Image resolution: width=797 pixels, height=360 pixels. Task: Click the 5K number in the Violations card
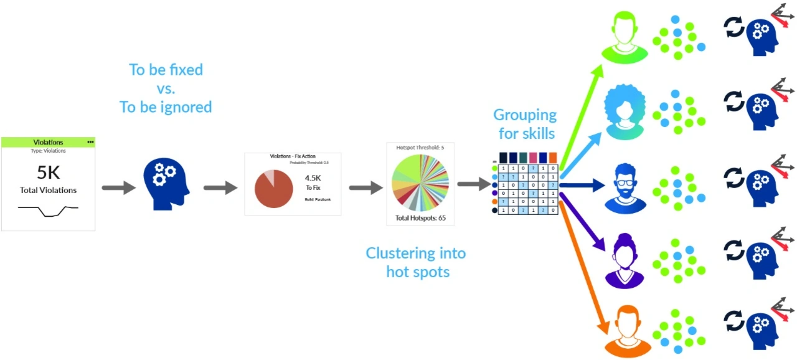tap(48, 173)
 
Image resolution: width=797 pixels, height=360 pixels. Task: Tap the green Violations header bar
tap(48, 142)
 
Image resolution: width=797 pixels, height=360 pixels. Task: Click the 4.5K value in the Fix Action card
tap(313, 178)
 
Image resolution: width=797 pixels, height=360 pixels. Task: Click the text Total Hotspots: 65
tap(421, 219)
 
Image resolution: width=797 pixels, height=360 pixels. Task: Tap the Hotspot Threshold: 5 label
tap(421, 147)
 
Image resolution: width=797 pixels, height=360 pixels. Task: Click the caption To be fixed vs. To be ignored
tap(166, 88)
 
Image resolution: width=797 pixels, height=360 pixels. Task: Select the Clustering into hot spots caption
tap(415, 262)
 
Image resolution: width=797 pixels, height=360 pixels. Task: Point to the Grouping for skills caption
tap(525, 123)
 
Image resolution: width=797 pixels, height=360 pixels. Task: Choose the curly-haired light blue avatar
tap(626, 111)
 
